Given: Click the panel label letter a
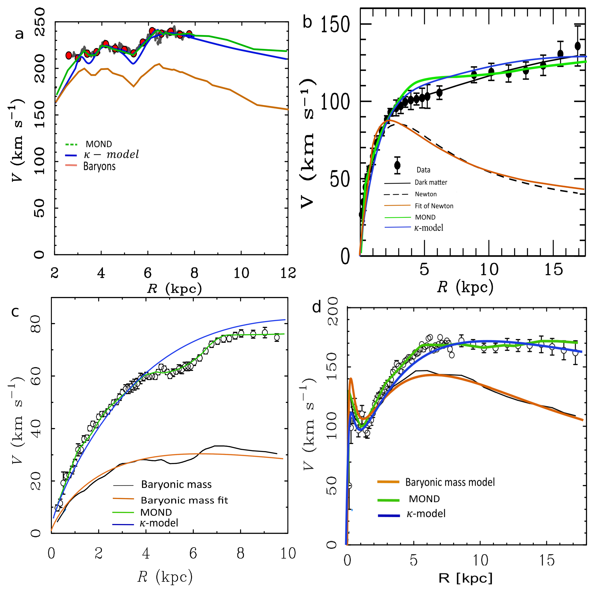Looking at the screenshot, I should [x=19, y=34].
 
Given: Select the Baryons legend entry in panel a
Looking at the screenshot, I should [x=99, y=166].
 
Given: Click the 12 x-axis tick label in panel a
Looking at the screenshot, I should [x=288, y=273].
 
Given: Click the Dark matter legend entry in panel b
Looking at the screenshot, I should [x=431, y=182].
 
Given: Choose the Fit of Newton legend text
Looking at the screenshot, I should [x=434, y=206].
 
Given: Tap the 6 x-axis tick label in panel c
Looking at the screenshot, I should [x=193, y=553].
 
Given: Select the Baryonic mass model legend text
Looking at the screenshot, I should [x=450, y=482].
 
